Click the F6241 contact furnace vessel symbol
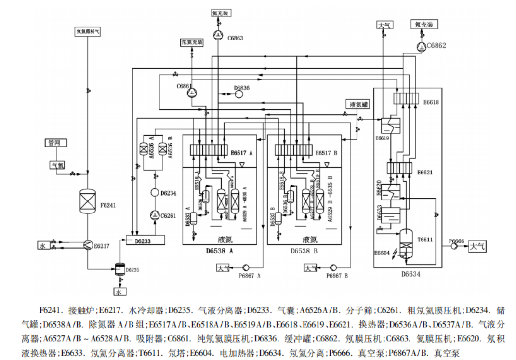click(x=88, y=201)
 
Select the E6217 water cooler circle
click(x=88, y=245)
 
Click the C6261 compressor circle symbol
click(x=155, y=215)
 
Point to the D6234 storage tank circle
click(x=155, y=193)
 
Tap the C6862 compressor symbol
click(x=422, y=46)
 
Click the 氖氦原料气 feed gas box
click(x=88, y=32)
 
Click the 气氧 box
click(x=57, y=165)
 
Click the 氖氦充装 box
click(x=192, y=42)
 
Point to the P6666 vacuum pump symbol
click(x=454, y=246)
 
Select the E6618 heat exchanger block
click(x=407, y=98)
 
